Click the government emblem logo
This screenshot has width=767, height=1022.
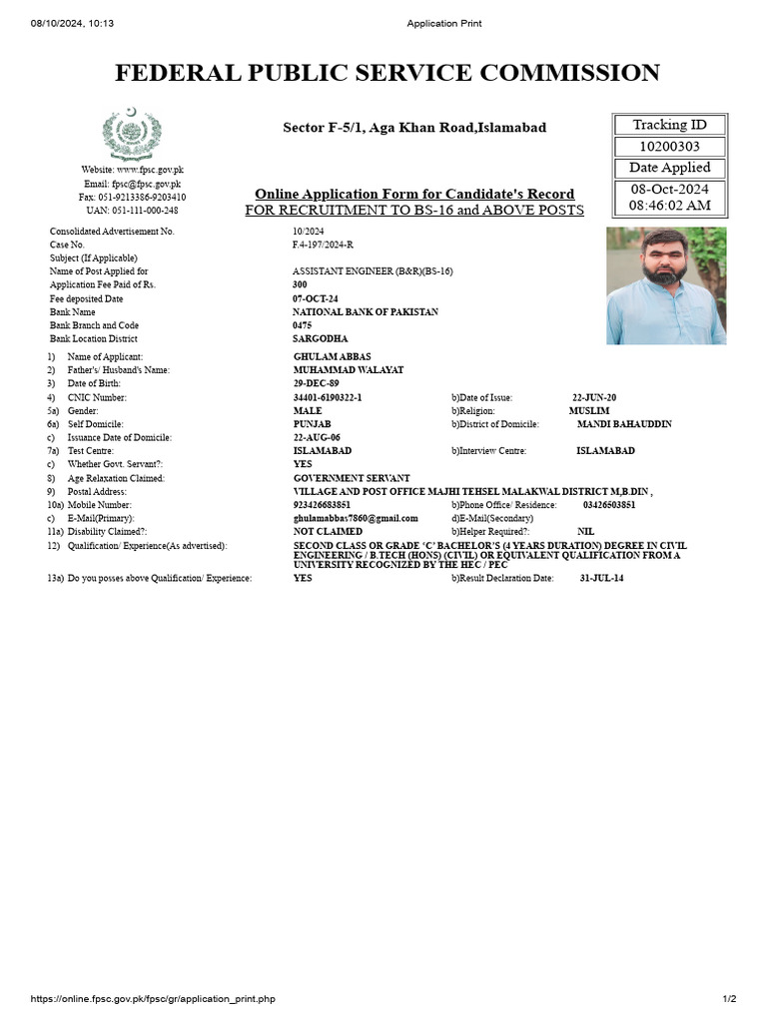pyautogui.click(x=131, y=134)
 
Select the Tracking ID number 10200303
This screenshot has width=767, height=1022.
pyautogui.click(x=669, y=147)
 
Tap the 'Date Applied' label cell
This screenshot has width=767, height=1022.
pyautogui.click(x=669, y=168)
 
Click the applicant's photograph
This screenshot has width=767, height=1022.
pyautogui.click(x=666, y=285)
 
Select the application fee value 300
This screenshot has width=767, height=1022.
pyautogui.click(x=300, y=285)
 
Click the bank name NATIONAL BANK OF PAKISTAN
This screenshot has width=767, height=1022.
pyautogui.click(x=365, y=312)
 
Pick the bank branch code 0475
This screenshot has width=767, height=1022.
pyautogui.click(x=303, y=325)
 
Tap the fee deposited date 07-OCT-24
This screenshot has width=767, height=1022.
pyautogui.click(x=316, y=298)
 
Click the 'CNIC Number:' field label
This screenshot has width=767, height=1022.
pyautogui.click(x=99, y=397)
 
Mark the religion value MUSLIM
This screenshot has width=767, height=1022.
pyautogui.click(x=588, y=411)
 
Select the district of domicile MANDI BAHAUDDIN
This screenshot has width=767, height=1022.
pyautogui.click(x=624, y=424)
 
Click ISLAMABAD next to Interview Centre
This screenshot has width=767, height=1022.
pyautogui.click(x=605, y=451)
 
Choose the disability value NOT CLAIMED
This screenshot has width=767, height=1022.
pyautogui.click(x=328, y=532)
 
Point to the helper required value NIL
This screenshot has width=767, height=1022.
pyautogui.click(x=585, y=532)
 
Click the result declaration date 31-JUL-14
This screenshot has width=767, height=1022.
pyautogui.click(x=601, y=578)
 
